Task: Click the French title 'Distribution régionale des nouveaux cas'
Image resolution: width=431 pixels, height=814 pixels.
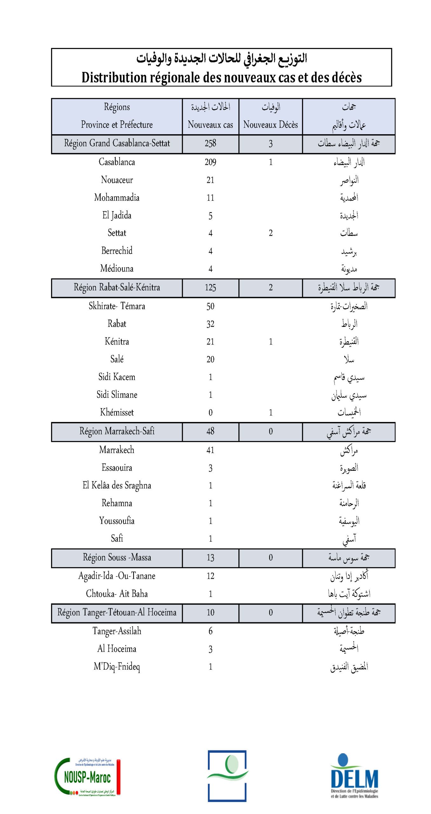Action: click(x=222, y=78)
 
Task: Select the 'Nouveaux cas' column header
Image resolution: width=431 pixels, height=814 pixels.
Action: click(x=210, y=124)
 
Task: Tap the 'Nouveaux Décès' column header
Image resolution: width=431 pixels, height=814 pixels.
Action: click(x=270, y=124)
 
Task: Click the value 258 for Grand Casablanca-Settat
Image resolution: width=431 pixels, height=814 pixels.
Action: click(x=210, y=143)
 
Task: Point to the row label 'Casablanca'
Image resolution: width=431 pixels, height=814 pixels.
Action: click(x=117, y=162)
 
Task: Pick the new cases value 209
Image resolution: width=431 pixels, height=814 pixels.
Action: click(x=210, y=162)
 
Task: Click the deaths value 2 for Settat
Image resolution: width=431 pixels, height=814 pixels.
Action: click(x=270, y=233)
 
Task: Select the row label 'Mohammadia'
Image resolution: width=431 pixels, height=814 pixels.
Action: click(x=117, y=197)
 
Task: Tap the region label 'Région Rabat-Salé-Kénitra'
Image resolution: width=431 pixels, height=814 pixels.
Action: click(x=117, y=287)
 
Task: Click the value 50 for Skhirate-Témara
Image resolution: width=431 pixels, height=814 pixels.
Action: click(x=210, y=306)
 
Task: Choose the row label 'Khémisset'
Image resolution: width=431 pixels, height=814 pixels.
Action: click(x=117, y=412)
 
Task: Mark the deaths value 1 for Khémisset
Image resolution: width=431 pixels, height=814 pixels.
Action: click(x=270, y=412)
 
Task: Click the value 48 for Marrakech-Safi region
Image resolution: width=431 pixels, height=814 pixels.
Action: click(x=210, y=431)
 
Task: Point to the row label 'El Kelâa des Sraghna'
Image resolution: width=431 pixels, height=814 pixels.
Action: click(x=117, y=485)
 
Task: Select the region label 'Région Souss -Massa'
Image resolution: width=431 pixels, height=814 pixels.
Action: click(x=117, y=557)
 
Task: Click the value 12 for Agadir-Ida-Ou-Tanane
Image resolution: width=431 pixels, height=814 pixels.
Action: click(x=210, y=576)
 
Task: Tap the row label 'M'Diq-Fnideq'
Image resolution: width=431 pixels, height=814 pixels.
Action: click(x=117, y=666)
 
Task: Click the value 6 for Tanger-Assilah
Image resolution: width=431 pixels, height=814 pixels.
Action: click(x=210, y=631)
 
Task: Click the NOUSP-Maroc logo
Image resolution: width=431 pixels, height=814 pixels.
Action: click(x=87, y=777)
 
